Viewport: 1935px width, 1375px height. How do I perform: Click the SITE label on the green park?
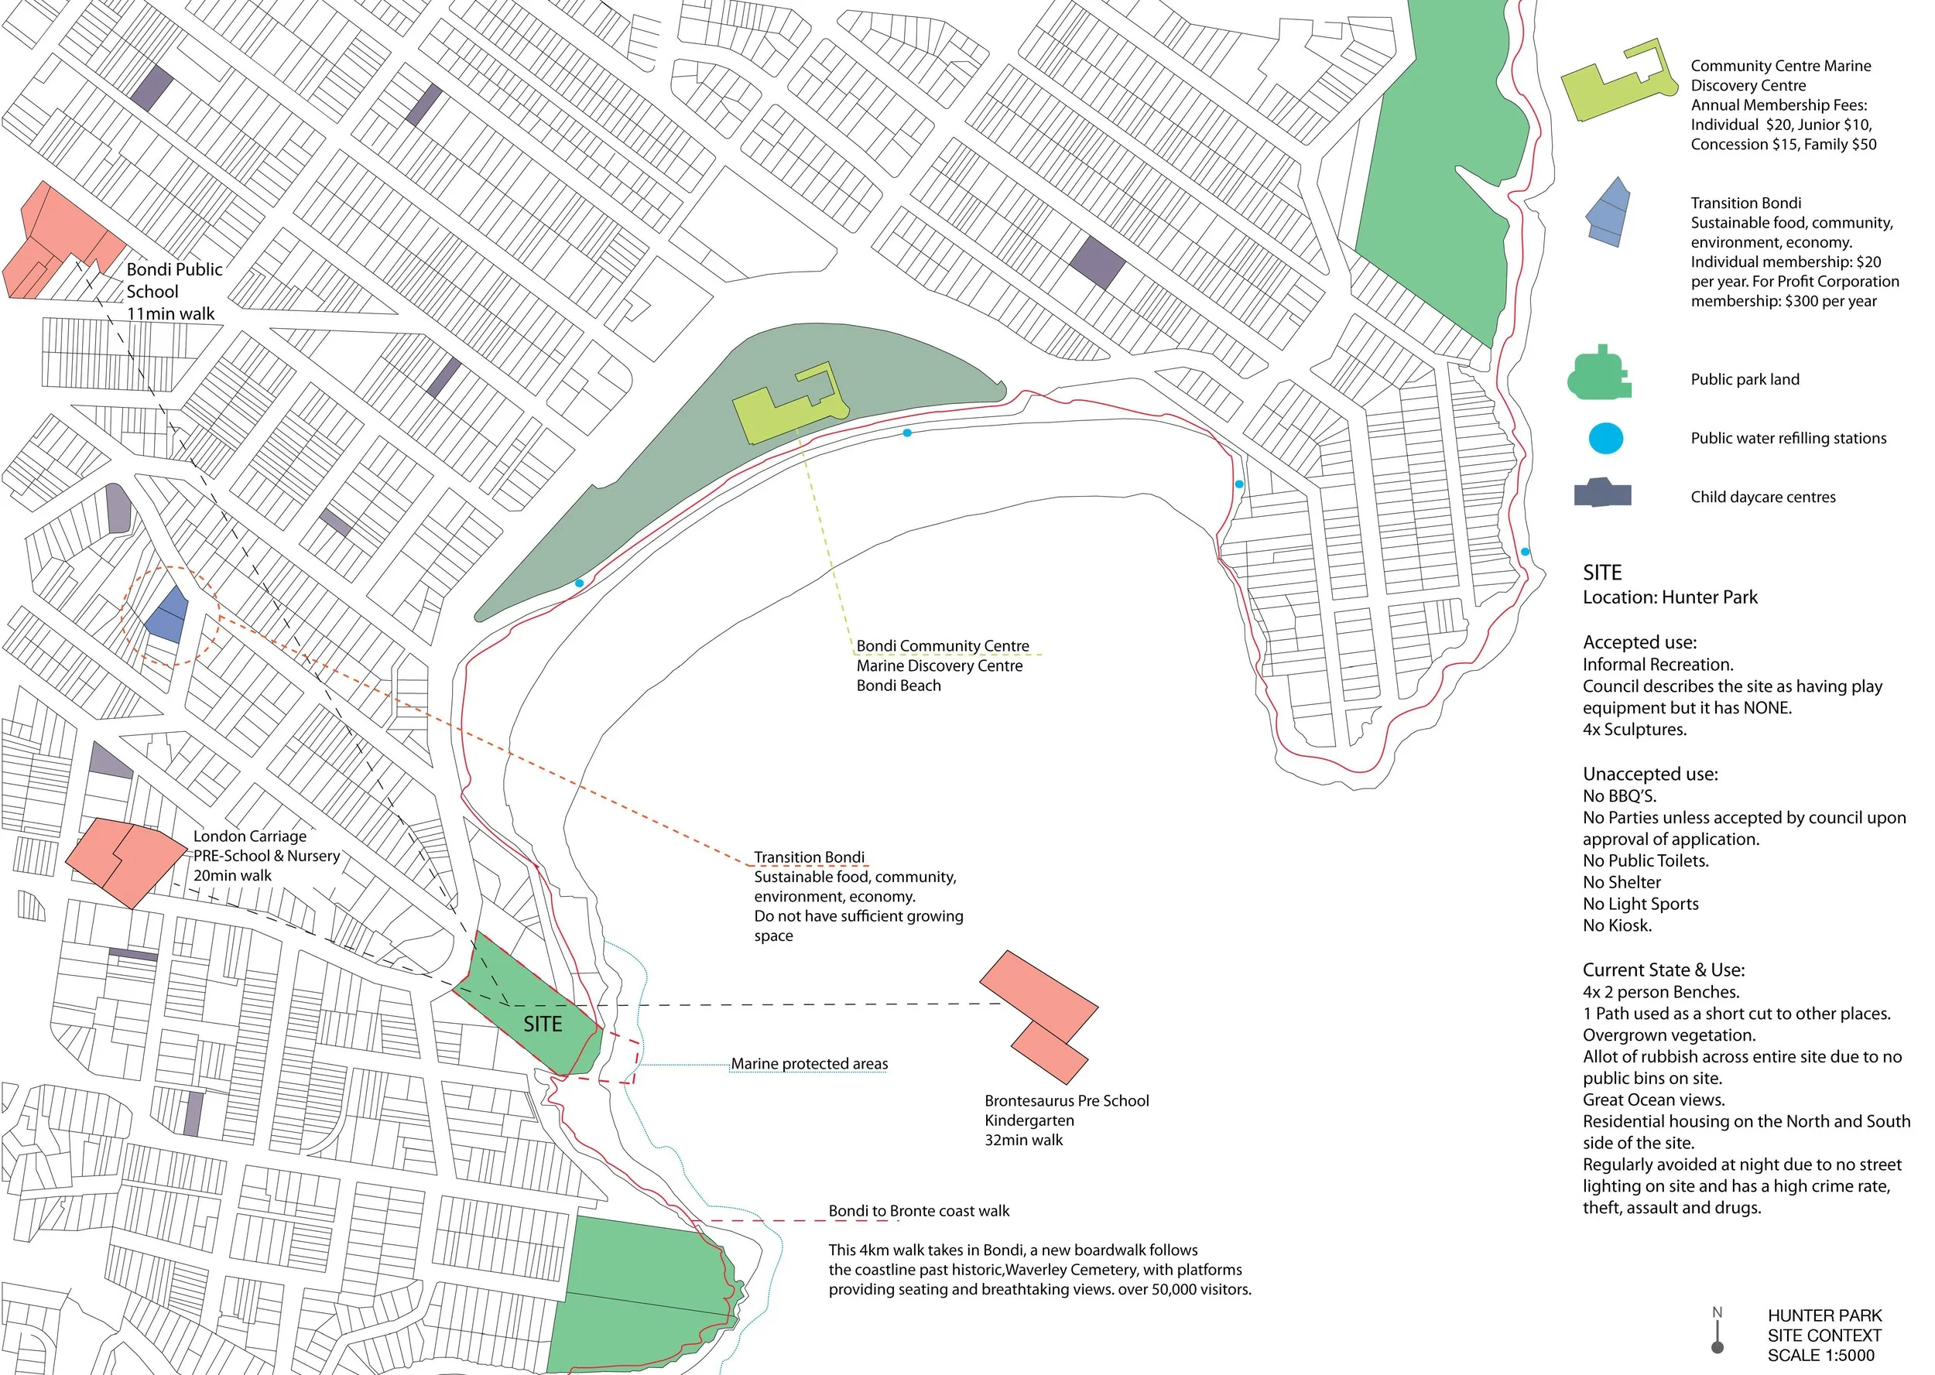pyautogui.click(x=542, y=1024)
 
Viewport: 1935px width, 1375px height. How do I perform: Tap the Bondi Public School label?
pyautogui.click(x=173, y=280)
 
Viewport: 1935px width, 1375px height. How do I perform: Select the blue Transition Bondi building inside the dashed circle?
pyautogui.click(x=167, y=613)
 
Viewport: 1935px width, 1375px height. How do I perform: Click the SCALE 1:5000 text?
pyautogui.click(x=1820, y=1356)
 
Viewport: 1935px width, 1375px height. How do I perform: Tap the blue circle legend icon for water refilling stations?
pyautogui.click(x=1605, y=439)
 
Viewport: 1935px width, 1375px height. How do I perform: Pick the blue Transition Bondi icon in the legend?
pyautogui.click(x=1608, y=212)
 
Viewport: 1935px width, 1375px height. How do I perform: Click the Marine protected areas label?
pyautogui.click(x=809, y=1064)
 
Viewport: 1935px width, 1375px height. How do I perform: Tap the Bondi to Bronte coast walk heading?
pyautogui.click(x=919, y=1212)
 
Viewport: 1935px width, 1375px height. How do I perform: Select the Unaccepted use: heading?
pyautogui.click(x=1649, y=774)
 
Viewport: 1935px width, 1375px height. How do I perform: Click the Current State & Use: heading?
pyautogui.click(x=1663, y=970)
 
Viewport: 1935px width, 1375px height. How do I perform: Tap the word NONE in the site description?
pyautogui.click(x=1766, y=708)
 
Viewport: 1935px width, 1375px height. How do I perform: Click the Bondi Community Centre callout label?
pyautogui.click(x=942, y=646)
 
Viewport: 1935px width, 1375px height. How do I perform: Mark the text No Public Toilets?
pyautogui.click(x=1646, y=861)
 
